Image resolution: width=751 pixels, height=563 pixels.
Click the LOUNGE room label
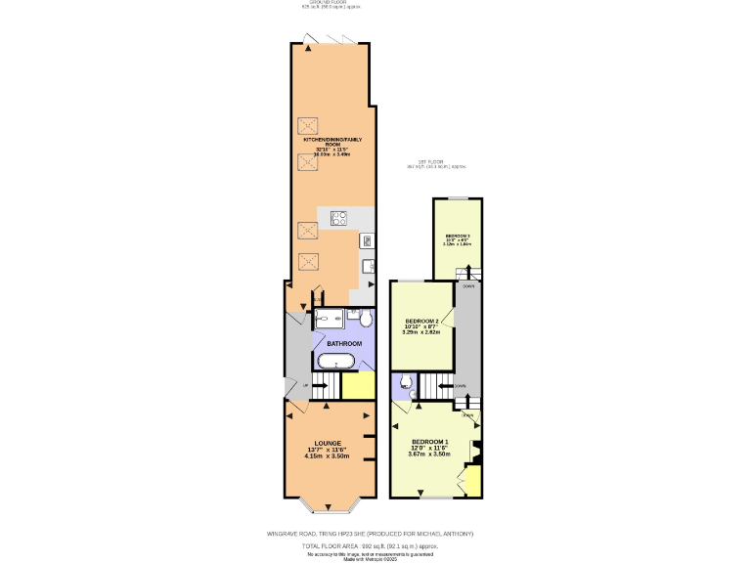point(327,443)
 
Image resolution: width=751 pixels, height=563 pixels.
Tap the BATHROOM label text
point(344,343)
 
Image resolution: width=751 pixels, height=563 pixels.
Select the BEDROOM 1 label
point(429,441)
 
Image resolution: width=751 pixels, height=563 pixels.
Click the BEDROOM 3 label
point(458,237)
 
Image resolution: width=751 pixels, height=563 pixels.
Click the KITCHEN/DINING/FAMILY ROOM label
point(331,143)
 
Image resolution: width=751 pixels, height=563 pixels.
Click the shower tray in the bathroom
point(328,319)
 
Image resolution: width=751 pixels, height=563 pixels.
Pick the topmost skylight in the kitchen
point(308,124)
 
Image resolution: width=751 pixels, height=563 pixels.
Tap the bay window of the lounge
point(327,506)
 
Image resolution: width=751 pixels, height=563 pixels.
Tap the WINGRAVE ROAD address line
point(371,534)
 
